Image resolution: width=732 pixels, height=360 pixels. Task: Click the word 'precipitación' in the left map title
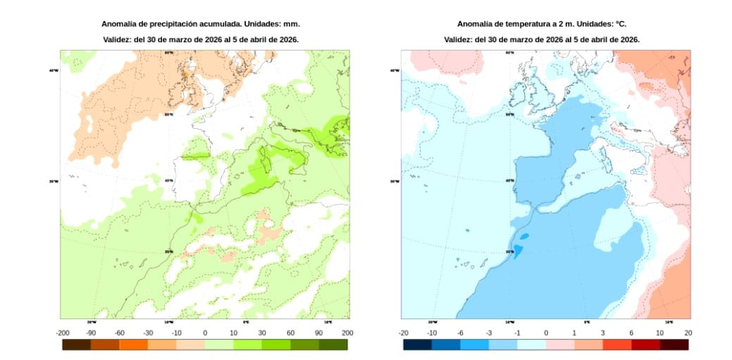click(168, 24)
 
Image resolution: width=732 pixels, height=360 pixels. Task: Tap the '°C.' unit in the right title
click(621, 24)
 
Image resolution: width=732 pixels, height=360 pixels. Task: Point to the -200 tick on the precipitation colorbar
click(62, 333)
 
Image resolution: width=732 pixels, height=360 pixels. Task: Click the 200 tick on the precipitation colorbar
click(347, 333)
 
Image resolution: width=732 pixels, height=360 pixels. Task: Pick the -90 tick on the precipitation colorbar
click(91, 333)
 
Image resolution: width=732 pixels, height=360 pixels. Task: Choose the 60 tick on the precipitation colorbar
click(290, 333)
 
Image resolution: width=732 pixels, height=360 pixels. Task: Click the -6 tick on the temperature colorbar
click(460, 333)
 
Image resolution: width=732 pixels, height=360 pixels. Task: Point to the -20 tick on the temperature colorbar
click(403, 333)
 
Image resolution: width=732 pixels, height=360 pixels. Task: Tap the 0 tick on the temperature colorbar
click(546, 333)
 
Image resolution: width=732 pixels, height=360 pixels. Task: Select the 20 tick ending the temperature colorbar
click(688, 333)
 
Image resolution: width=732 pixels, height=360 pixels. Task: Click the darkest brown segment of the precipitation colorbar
click(76, 345)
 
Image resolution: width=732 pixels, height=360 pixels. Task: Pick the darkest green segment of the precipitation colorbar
click(333, 345)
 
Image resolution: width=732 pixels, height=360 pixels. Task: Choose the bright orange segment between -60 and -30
click(133, 345)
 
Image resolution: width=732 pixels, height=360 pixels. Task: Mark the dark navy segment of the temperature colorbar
click(417, 345)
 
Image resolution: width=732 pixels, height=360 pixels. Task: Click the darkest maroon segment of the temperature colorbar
click(674, 345)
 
